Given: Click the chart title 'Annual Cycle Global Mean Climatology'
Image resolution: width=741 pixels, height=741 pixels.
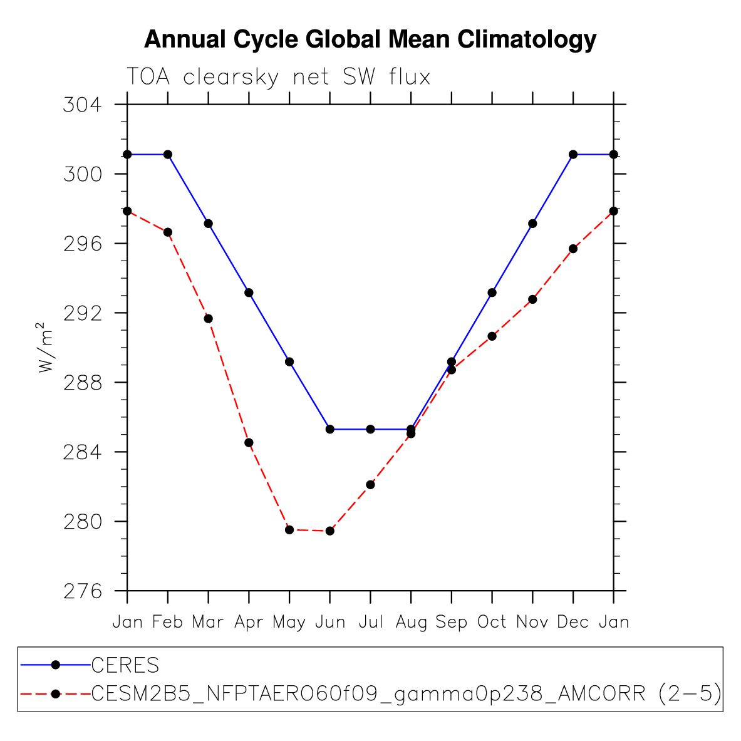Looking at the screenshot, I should point(370,39).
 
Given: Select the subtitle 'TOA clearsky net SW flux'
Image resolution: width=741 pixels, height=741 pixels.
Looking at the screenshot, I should point(279,76).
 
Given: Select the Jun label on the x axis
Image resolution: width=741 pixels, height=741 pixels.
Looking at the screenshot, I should point(330,622).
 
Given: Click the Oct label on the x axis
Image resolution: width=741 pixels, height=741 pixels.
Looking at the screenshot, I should point(492,622).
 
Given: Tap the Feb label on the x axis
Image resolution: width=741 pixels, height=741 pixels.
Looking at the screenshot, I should point(167,622).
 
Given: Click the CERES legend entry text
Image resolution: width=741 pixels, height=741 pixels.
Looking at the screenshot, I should point(125,665).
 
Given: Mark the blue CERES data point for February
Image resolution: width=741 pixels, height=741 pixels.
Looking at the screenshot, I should point(168,154).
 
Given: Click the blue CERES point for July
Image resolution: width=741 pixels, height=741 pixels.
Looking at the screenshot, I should point(370,429).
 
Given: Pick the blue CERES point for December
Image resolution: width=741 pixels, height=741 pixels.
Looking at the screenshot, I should point(573,154).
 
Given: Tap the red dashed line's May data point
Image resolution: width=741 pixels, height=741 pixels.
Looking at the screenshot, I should point(289,530).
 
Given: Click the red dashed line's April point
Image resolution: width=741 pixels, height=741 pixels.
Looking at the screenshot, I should point(249,443).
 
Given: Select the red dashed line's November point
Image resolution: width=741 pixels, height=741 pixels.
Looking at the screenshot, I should point(532,299).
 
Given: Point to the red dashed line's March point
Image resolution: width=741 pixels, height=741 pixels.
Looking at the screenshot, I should point(208,319).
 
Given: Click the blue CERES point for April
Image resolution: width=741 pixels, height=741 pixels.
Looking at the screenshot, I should point(249,293).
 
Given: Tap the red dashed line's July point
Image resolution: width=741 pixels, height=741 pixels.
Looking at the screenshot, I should point(370,484).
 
